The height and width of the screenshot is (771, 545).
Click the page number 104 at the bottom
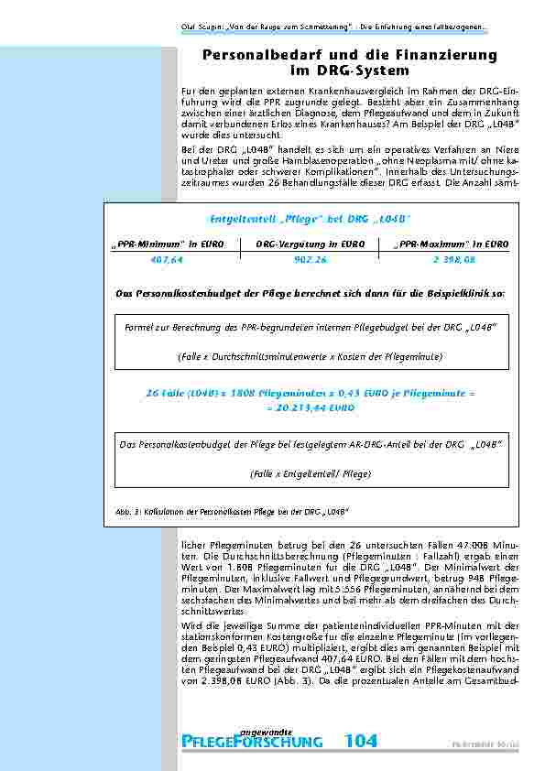(x=365, y=741)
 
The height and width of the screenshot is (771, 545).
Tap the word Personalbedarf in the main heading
(x=258, y=56)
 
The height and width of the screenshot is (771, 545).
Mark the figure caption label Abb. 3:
(x=126, y=510)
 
